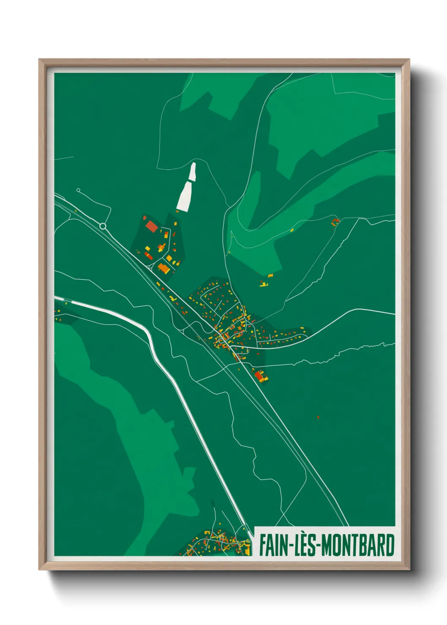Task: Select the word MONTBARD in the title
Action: [x=358, y=545]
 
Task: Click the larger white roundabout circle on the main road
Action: [x=103, y=226]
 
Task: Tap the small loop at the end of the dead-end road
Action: [x=78, y=190]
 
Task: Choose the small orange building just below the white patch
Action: [x=177, y=212]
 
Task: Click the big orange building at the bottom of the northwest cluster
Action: [x=164, y=267]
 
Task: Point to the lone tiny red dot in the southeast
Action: [x=318, y=417]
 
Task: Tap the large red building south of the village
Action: [x=259, y=375]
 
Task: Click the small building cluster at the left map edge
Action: [x=57, y=314]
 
